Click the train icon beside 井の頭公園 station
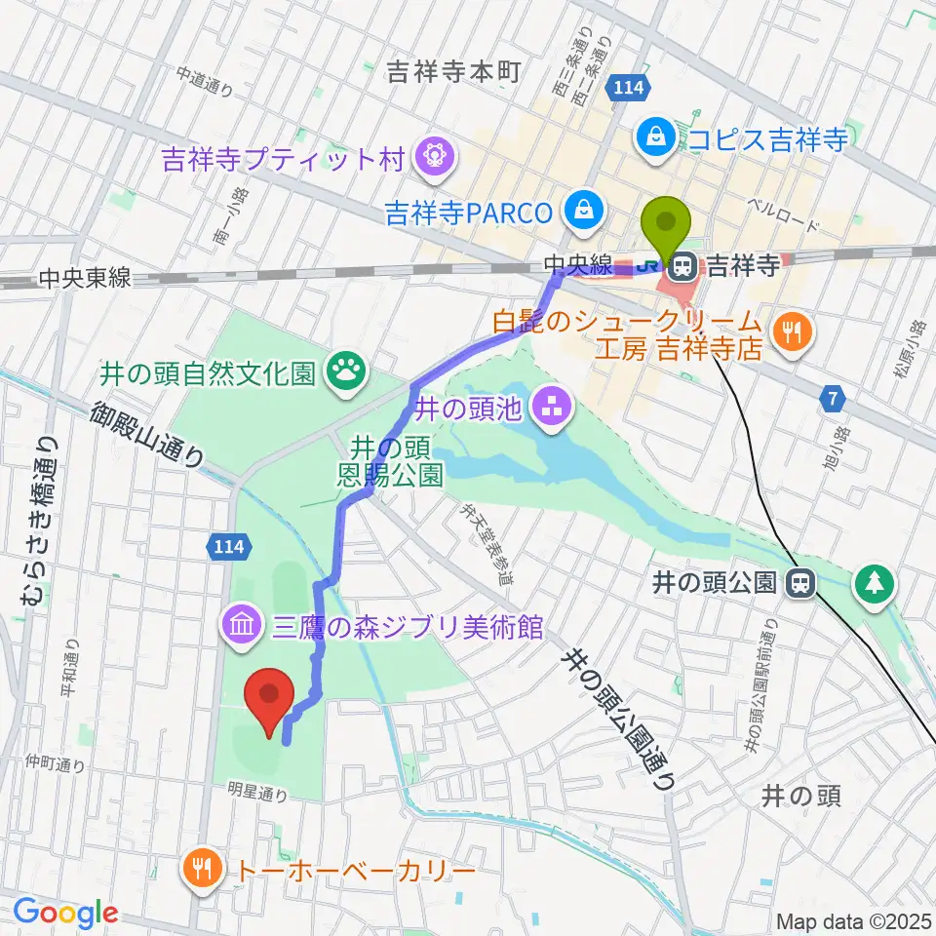click(800, 584)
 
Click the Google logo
click(65, 914)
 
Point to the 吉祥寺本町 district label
click(455, 72)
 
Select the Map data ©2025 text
click(854, 920)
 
